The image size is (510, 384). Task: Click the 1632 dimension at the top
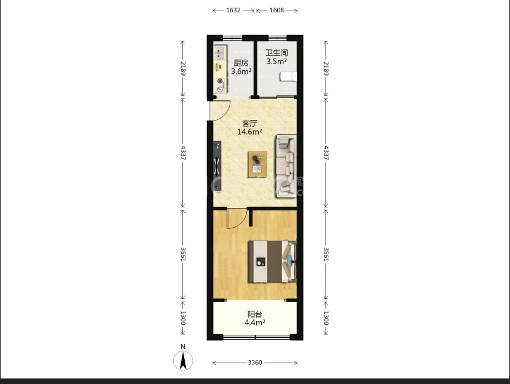[x=233, y=10]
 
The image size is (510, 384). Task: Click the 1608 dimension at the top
[x=277, y=10]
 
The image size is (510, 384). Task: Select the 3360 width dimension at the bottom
[x=254, y=362]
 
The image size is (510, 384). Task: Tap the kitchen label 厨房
[x=241, y=63]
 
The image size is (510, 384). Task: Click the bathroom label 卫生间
[x=277, y=53]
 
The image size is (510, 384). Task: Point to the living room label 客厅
[x=249, y=123]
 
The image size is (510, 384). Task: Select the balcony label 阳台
[x=254, y=314]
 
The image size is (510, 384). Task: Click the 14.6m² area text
[x=249, y=132]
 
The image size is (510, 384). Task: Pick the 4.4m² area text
[x=254, y=322]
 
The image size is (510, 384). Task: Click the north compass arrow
[x=183, y=360]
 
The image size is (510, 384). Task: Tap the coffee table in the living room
[x=257, y=164]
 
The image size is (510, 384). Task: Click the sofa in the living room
[x=286, y=166]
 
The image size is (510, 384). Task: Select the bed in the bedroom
[x=272, y=262]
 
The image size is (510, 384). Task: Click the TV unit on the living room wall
[x=217, y=166]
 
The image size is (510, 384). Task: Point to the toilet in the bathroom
[x=288, y=77]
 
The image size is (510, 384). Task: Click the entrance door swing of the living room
[x=220, y=110]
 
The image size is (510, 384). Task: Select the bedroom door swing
[x=237, y=218]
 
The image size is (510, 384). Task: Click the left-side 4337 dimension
[x=183, y=153]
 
